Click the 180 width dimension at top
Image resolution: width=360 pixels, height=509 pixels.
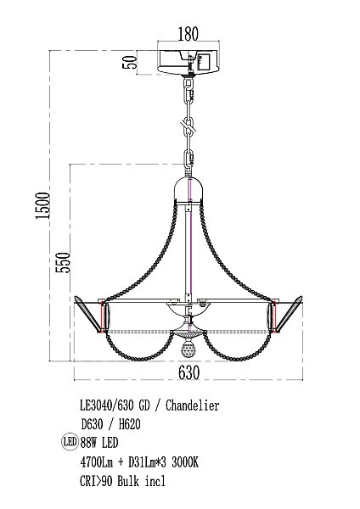[188, 35]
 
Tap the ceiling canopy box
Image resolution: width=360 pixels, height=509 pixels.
[188, 62]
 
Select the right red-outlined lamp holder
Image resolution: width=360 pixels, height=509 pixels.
[273, 318]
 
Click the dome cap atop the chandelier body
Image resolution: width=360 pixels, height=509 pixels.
[188, 188]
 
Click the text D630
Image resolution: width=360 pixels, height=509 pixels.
[95, 423]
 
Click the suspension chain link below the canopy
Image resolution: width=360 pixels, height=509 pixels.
[188, 127]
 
